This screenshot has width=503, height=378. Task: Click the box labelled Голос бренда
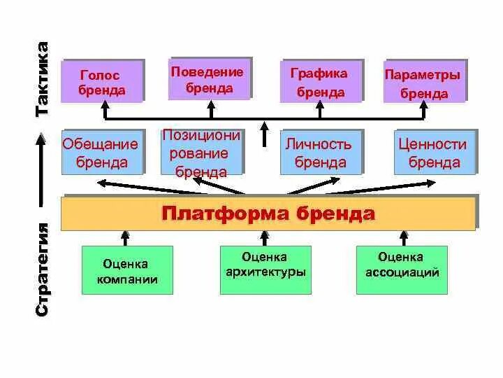[x=102, y=82]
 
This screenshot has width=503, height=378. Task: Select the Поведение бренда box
[x=209, y=80]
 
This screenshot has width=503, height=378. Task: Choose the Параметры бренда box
[x=423, y=83]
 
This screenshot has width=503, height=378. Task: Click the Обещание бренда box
[x=102, y=153]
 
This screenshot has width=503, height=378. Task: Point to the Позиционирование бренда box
[x=201, y=153]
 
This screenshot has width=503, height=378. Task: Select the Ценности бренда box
[x=435, y=153]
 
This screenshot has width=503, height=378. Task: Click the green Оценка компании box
[x=126, y=272]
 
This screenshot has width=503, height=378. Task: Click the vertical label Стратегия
[x=43, y=269]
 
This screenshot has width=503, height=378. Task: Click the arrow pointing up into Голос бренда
[x=105, y=109]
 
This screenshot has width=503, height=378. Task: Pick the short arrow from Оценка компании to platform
[x=126, y=237]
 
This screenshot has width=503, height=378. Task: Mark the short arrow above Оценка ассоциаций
[x=401, y=237]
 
